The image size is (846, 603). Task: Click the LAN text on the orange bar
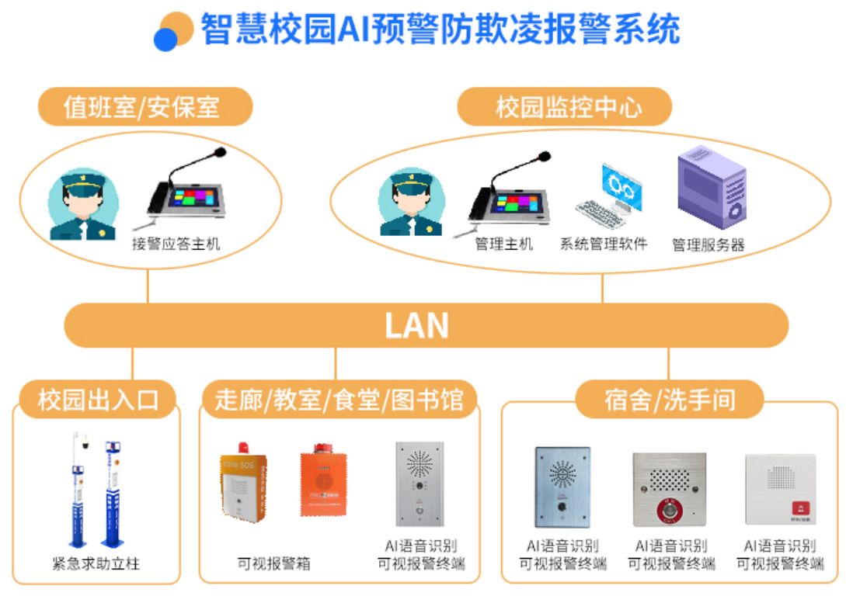(x=417, y=325)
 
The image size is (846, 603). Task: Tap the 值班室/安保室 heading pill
(x=145, y=106)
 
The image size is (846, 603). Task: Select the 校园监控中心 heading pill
(x=564, y=106)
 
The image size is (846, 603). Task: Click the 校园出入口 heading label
(x=98, y=400)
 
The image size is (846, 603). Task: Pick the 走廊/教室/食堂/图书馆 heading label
(x=339, y=400)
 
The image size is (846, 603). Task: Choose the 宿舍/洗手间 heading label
(x=669, y=400)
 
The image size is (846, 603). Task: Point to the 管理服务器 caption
(x=708, y=245)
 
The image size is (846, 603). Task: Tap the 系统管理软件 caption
(x=604, y=244)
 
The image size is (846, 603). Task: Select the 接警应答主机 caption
(x=176, y=244)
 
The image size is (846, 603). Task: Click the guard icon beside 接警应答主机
(x=82, y=205)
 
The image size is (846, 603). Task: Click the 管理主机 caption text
(x=504, y=244)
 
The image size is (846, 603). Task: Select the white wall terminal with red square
(x=780, y=489)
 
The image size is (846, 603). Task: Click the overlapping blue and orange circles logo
(x=173, y=31)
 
